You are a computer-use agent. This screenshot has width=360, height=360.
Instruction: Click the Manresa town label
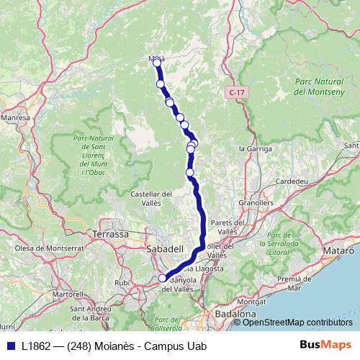[x=15, y=116]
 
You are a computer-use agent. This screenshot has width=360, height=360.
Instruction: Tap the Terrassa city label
[x=111, y=234]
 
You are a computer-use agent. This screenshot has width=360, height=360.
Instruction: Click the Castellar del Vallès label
[x=151, y=199]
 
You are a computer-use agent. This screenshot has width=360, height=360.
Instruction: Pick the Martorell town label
[x=64, y=294]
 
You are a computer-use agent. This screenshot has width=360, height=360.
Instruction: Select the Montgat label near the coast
[x=251, y=300]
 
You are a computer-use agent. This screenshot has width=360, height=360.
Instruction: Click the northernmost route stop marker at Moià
[x=157, y=63]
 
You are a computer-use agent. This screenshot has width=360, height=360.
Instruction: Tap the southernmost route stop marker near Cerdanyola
[x=163, y=278]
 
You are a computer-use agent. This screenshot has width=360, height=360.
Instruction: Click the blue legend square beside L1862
[x=10, y=346]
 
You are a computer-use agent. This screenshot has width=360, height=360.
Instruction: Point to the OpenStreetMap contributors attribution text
[x=297, y=322]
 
